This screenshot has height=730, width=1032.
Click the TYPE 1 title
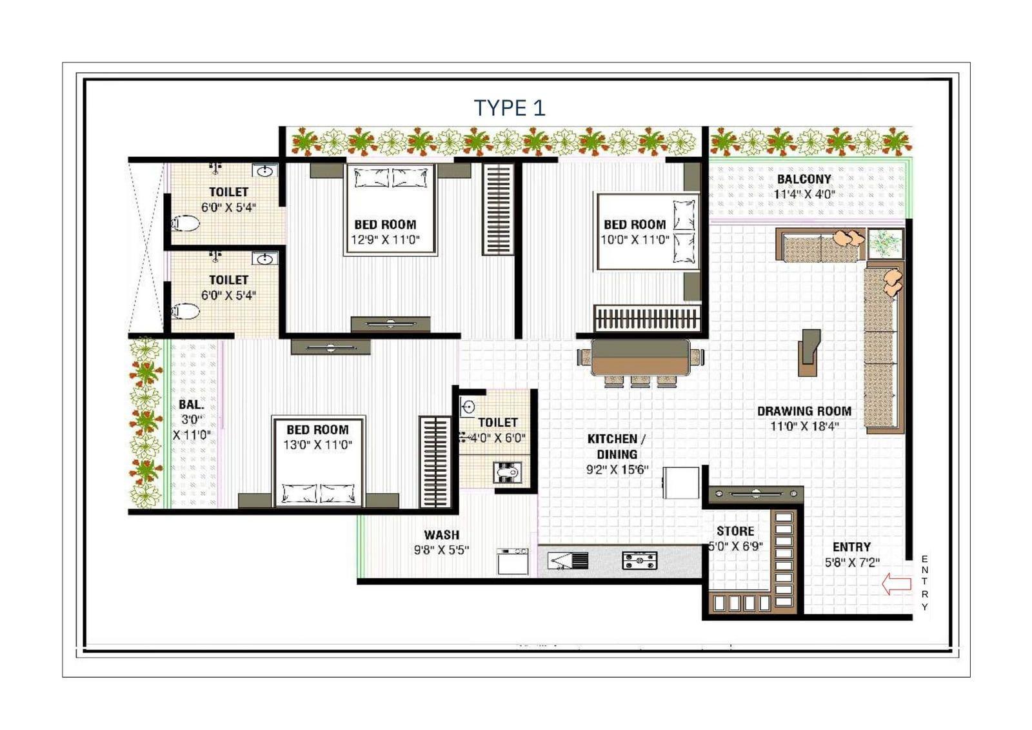[510, 108]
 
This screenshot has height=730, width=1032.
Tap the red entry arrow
[897, 584]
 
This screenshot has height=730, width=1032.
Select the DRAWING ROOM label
[804, 411]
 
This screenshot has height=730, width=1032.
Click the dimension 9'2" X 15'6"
[617, 470]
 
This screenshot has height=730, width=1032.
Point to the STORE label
[735, 531]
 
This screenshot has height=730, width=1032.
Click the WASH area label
[441, 535]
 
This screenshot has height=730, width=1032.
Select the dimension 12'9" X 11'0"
[386, 240]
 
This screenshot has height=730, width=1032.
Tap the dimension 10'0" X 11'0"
[635, 240]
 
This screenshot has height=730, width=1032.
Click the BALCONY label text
[804, 179]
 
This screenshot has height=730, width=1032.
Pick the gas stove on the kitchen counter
[640, 560]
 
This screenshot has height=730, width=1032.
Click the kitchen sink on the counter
[568, 560]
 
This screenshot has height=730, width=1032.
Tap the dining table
[640, 357]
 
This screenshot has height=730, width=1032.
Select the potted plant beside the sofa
[885, 243]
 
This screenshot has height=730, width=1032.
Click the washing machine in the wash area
[513, 562]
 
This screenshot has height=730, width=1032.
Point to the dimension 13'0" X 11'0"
[318, 445]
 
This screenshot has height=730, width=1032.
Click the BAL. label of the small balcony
[192, 405]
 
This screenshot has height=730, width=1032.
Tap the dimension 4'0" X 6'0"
[497, 438]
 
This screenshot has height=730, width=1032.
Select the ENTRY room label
[852, 547]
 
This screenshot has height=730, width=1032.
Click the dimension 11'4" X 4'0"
[804, 194]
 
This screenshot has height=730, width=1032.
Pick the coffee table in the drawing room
[810, 352]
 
